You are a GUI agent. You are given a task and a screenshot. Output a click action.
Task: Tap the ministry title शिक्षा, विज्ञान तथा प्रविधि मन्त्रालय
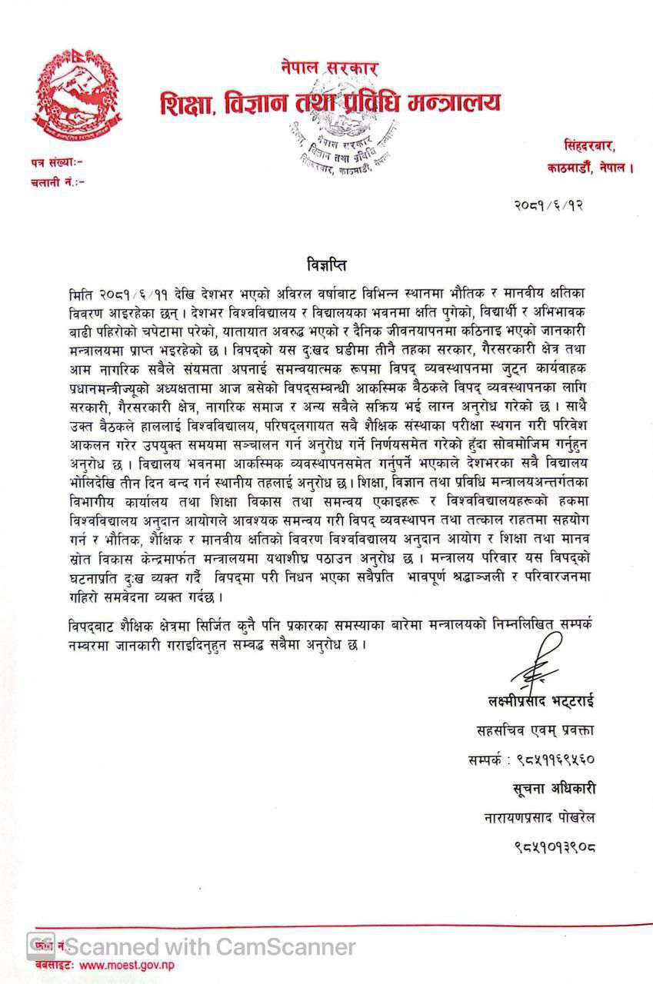[330, 101]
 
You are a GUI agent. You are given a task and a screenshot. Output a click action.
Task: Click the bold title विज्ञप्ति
[325, 266]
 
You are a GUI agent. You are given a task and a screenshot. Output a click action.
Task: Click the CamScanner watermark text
[209, 946]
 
